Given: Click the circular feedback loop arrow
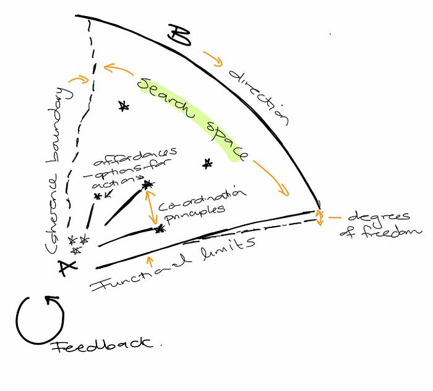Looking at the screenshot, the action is (40, 319).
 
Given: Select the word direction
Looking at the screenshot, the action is (259, 98).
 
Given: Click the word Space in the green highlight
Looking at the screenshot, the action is (225, 140).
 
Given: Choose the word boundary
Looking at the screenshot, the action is (67, 118).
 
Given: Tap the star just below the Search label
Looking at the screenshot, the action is (124, 107).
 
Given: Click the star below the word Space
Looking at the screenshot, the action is (207, 164).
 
